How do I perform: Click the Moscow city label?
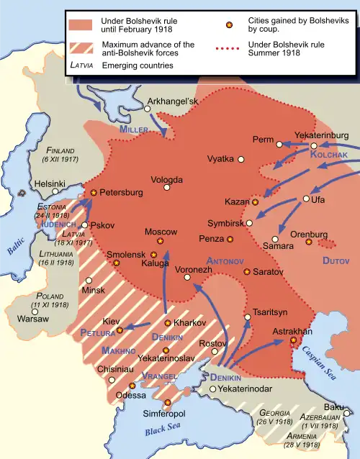point(161,232)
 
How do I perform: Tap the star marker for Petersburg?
point(93,192)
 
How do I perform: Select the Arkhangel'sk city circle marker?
point(147,109)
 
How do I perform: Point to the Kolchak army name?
point(328,155)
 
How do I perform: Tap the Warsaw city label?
point(32,317)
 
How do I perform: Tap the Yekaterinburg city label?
point(321,135)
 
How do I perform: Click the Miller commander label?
point(134,129)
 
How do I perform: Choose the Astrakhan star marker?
point(293,340)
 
